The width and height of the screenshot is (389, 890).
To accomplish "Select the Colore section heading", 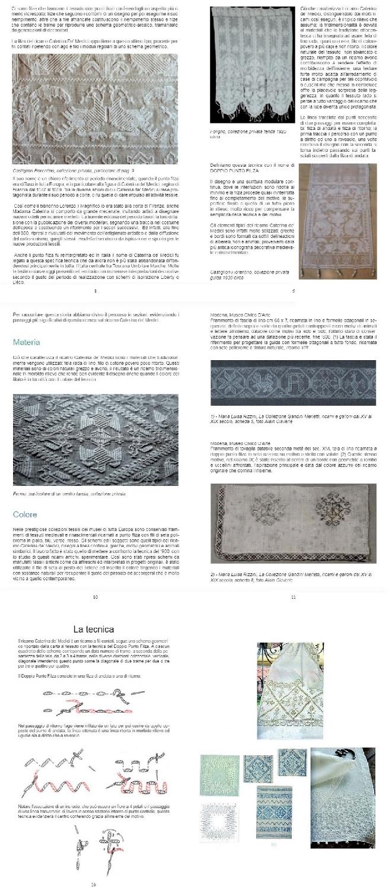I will click(25, 514).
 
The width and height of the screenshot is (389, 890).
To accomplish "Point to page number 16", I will click(93, 885).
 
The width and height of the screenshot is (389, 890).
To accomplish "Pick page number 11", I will click(293, 597).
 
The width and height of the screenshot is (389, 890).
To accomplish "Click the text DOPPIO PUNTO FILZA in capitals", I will click(240, 170).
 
